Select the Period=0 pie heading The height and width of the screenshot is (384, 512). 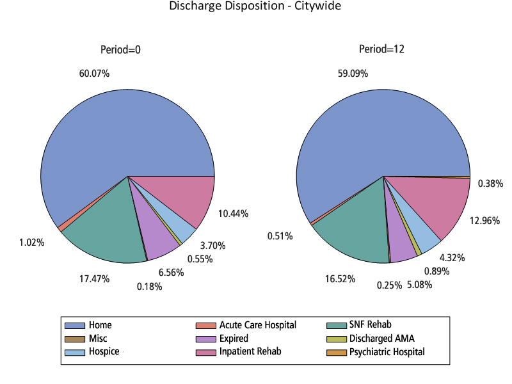(x=120, y=50)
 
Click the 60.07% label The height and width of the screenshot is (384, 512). (x=94, y=74)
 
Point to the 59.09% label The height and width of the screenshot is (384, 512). (x=353, y=74)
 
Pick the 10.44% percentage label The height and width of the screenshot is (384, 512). (x=233, y=213)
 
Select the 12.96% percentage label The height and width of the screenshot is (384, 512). (x=484, y=221)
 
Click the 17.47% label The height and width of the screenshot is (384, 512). (x=94, y=279)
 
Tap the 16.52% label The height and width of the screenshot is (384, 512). (x=340, y=279)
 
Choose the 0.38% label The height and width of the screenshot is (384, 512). (x=490, y=184)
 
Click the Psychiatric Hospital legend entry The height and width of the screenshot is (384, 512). (x=386, y=352)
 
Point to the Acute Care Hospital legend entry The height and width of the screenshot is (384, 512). (x=257, y=325)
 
